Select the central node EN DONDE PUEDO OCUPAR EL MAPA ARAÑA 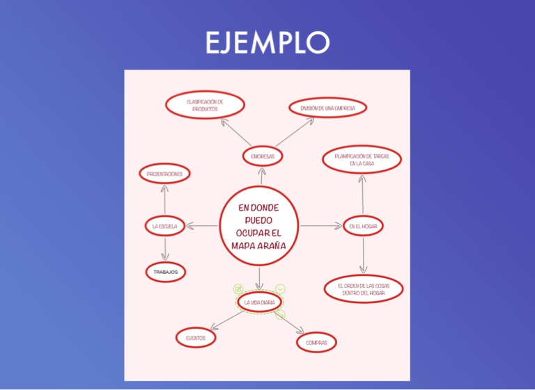click(258, 226)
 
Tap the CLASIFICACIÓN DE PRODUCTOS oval click(206, 105)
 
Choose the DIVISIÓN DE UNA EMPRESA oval click(327, 108)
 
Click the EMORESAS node click(263, 156)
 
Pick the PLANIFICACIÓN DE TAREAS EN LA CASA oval click(362, 159)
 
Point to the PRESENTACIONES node click(165, 173)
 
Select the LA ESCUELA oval click(165, 226)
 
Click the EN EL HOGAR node click(363, 226)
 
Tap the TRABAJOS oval click(166, 272)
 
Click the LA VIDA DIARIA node click(259, 302)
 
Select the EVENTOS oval click(196, 338)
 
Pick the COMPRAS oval click(316, 343)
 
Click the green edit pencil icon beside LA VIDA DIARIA click(238, 288)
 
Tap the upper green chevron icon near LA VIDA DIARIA click(280, 288)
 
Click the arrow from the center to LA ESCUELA click(203, 226)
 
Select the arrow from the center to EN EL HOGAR click(320, 226)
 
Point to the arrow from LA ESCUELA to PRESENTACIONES click(165, 200)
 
